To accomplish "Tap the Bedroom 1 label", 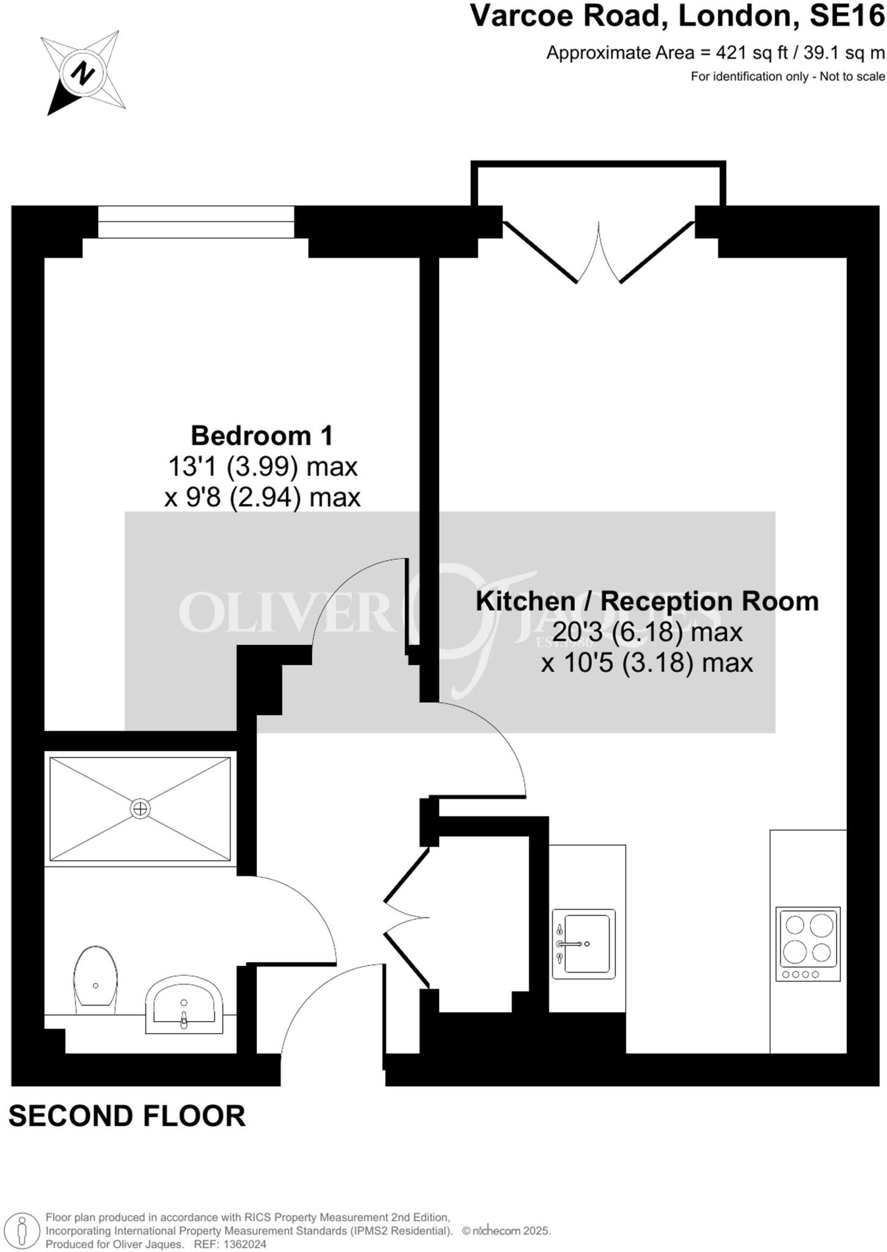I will coord(262,436).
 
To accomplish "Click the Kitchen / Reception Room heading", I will coord(647,602).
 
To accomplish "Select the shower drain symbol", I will coord(140,809).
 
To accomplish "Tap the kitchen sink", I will coord(583,943).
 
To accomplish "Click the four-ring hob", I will coord(808,944).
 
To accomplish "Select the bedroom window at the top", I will coord(195,222).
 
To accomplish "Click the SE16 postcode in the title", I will coord(847,17).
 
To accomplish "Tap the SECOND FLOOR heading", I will coord(127,1116).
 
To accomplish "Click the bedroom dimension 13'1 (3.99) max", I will coord(262,467).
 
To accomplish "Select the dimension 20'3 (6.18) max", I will coord(647,632).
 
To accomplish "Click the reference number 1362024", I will coord(244,1244).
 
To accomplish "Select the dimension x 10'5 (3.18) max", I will coord(647,663).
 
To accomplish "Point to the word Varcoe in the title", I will coord(523,17).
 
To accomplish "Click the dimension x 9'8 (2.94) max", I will coord(262,498).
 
